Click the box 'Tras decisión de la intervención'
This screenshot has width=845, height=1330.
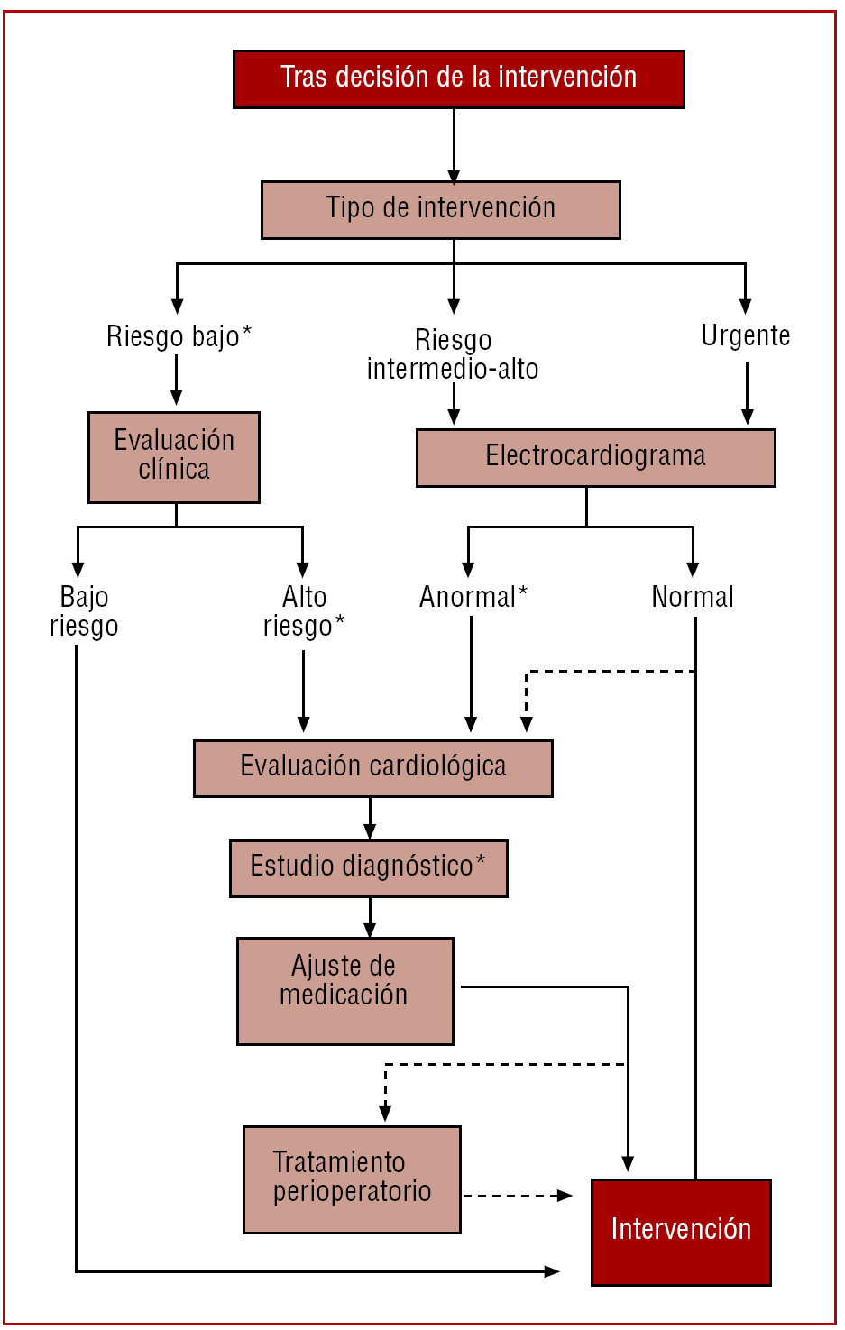click(x=458, y=79)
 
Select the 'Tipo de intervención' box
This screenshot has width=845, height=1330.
click(x=440, y=209)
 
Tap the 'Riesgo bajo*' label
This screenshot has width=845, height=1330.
click(x=179, y=336)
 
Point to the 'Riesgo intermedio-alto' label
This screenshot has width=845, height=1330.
click(x=453, y=354)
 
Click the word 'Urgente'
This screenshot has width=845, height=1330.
click(x=746, y=335)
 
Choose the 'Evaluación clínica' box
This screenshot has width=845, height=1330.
click(x=174, y=457)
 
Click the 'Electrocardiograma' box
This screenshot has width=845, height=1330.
click(x=595, y=457)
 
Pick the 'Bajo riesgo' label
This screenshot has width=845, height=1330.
click(x=84, y=611)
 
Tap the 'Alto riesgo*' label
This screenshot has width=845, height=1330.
click(x=304, y=611)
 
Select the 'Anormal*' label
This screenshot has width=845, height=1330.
click(x=473, y=597)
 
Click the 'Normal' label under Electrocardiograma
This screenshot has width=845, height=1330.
click(x=693, y=597)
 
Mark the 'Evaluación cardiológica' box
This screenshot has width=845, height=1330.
click(x=372, y=768)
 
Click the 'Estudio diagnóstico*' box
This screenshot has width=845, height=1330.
click(x=368, y=868)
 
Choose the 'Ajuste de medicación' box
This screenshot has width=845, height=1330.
click(x=344, y=990)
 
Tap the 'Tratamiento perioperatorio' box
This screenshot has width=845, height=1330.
click(x=352, y=1179)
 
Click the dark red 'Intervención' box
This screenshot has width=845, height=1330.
click(x=681, y=1231)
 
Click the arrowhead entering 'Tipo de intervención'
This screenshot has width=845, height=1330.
click(x=454, y=176)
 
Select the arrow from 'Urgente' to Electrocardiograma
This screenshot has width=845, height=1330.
click(x=747, y=392)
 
